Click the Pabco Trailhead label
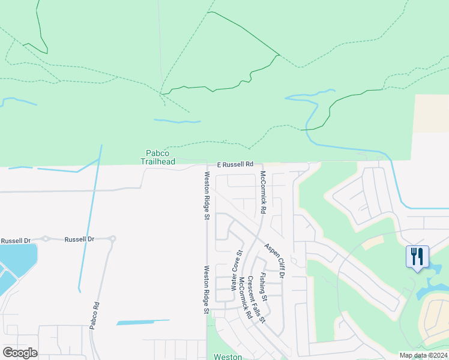pyautogui.click(x=157, y=157)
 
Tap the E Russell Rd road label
pyautogui.click(x=235, y=164)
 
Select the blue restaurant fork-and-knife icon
pyautogui.click(x=417, y=257)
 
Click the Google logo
pyautogui.click(x=20, y=353)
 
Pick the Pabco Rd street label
pyautogui.click(x=94, y=315)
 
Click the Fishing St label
pyautogui.click(x=263, y=287)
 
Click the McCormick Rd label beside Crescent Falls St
pyautogui.click(x=244, y=298)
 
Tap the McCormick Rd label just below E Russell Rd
pyautogui.click(x=262, y=193)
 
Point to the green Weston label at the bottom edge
pyautogui.click(x=228, y=356)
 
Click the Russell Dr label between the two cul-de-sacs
pyautogui.click(x=79, y=239)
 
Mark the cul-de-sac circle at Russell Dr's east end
pyautogui.click(x=112, y=239)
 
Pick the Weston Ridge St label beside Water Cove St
pyautogui.click(x=206, y=290)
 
